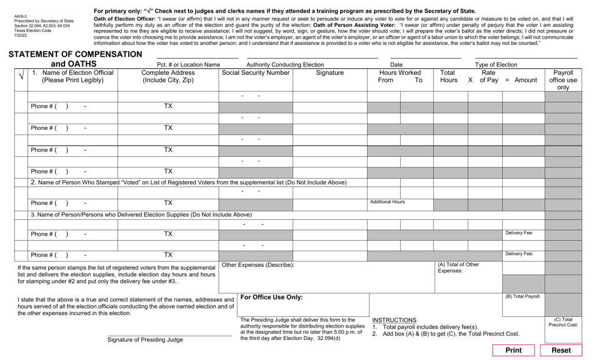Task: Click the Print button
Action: click(513, 350)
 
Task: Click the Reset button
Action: click(561, 350)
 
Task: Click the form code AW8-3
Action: click(22, 16)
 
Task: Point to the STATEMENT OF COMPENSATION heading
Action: click(76, 54)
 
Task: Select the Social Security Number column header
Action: click(256, 73)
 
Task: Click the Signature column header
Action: click(330, 73)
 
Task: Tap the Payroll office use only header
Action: click(563, 80)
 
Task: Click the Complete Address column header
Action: click(168, 77)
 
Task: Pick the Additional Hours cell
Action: click(388, 202)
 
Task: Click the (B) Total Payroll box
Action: click(523, 296)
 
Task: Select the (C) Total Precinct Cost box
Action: click(563, 322)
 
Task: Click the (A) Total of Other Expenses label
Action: click(458, 267)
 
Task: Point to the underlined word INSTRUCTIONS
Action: click(394, 320)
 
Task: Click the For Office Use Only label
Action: click(271, 297)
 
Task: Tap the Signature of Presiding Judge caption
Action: click(145, 340)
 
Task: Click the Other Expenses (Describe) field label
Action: click(258, 265)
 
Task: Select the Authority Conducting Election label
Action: click(285, 64)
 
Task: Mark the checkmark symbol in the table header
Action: click(21, 76)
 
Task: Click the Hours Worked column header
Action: click(400, 73)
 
